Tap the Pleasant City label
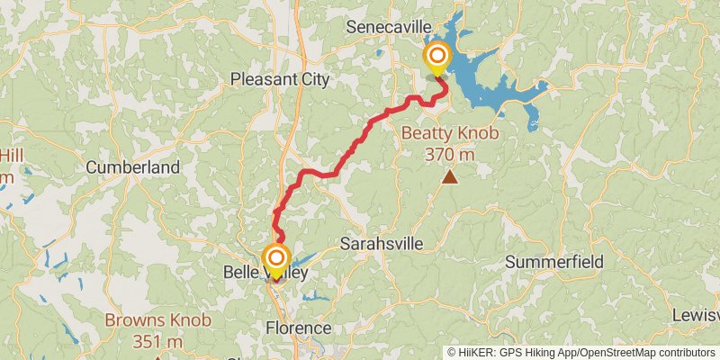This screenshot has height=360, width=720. pos(280,79)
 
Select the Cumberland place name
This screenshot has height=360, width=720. pos(133,166)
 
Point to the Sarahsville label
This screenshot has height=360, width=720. pos(382,244)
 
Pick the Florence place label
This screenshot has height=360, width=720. pos(298,328)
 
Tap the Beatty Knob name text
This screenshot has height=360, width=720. pos(450,134)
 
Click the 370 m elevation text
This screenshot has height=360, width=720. pos(450,154)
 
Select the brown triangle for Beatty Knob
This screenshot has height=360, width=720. pos(449,177)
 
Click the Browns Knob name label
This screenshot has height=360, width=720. pos(157,319)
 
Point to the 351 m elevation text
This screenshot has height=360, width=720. pos(157,341)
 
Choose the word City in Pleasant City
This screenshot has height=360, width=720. pos(313,79)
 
